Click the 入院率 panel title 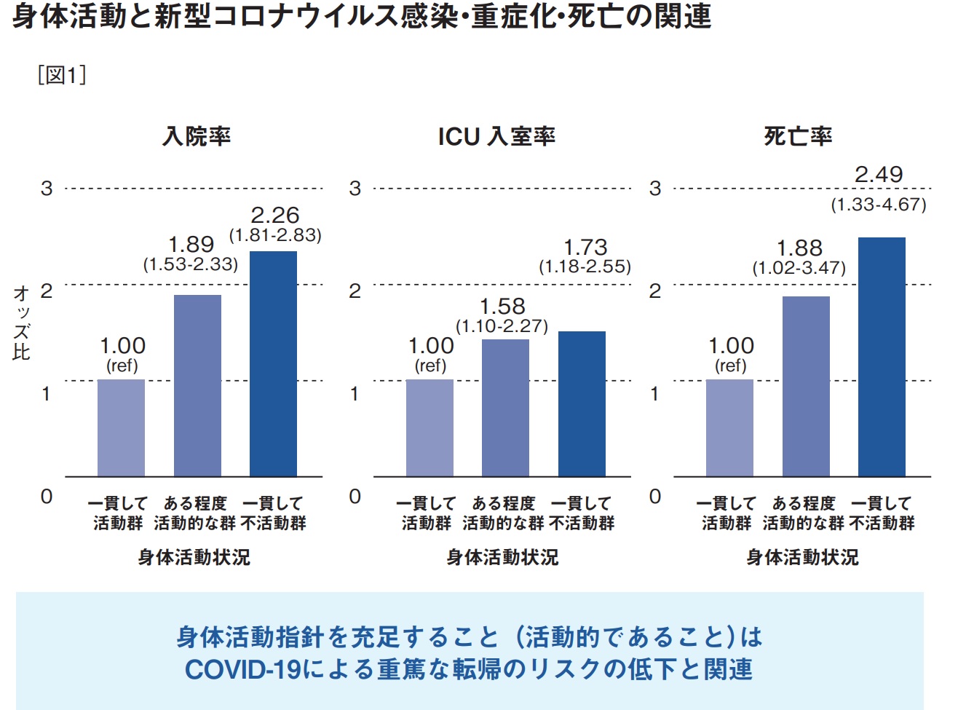[197, 136]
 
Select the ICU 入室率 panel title [496, 136]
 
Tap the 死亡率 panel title [798, 136]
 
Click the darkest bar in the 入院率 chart [273, 364]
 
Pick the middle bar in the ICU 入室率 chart [505, 408]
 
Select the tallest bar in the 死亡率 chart [882, 357]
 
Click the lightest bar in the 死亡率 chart [729, 428]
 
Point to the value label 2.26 [275, 215]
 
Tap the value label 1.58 [502, 306]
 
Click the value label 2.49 [879, 175]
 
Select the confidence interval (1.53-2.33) [191, 264]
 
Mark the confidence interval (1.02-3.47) [799, 267]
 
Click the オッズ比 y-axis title [21, 323]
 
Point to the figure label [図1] [62, 75]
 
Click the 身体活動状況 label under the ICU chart [502, 557]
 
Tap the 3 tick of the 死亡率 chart [655, 189]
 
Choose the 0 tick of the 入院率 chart [47, 497]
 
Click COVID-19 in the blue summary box [242, 669]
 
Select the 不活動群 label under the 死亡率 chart [882, 523]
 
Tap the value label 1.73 [585, 247]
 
